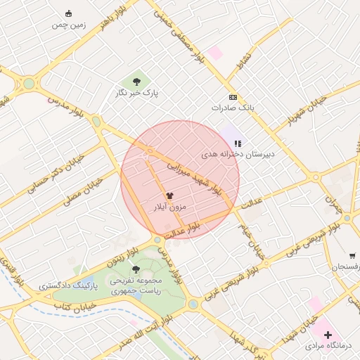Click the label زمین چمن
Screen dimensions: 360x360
pyautogui.click(x=68, y=25)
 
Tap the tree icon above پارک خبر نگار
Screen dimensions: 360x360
pyautogui.click(x=136, y=82)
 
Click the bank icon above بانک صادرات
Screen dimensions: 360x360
pyautogui.click(x=233, y=97)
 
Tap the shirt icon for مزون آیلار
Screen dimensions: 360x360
pyautogui.click(x=169, y=196)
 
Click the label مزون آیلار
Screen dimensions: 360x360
pyautogui.click(x=169, y=207)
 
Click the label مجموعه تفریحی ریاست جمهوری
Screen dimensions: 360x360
pyautogui.click(x=136, y=285)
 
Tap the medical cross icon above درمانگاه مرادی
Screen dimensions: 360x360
pyautogui.click(x=328, y=335)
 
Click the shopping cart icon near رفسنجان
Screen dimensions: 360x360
pyautogui.click(x=352, y=256)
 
